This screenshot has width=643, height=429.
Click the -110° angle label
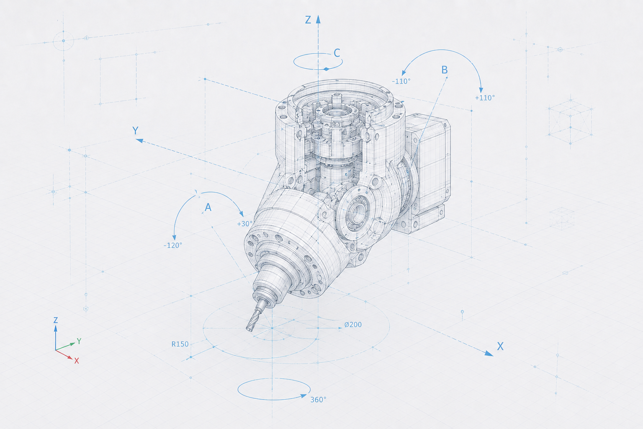(x=401, y=81)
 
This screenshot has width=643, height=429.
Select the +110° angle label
(x=485, y=98)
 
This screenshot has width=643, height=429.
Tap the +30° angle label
(x=244, y=224)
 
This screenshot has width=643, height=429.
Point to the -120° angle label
(x=173, y=246)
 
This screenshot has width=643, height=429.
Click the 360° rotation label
(x=318, y=400)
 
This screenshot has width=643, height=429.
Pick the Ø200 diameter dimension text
(x=353, y=325)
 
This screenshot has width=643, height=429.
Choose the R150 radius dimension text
(x=180, y=344)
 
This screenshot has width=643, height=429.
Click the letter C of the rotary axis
(x=337, y=53)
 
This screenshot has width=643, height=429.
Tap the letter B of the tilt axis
(x=444, y=70)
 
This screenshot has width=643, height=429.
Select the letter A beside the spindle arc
(x=208, y=207)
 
